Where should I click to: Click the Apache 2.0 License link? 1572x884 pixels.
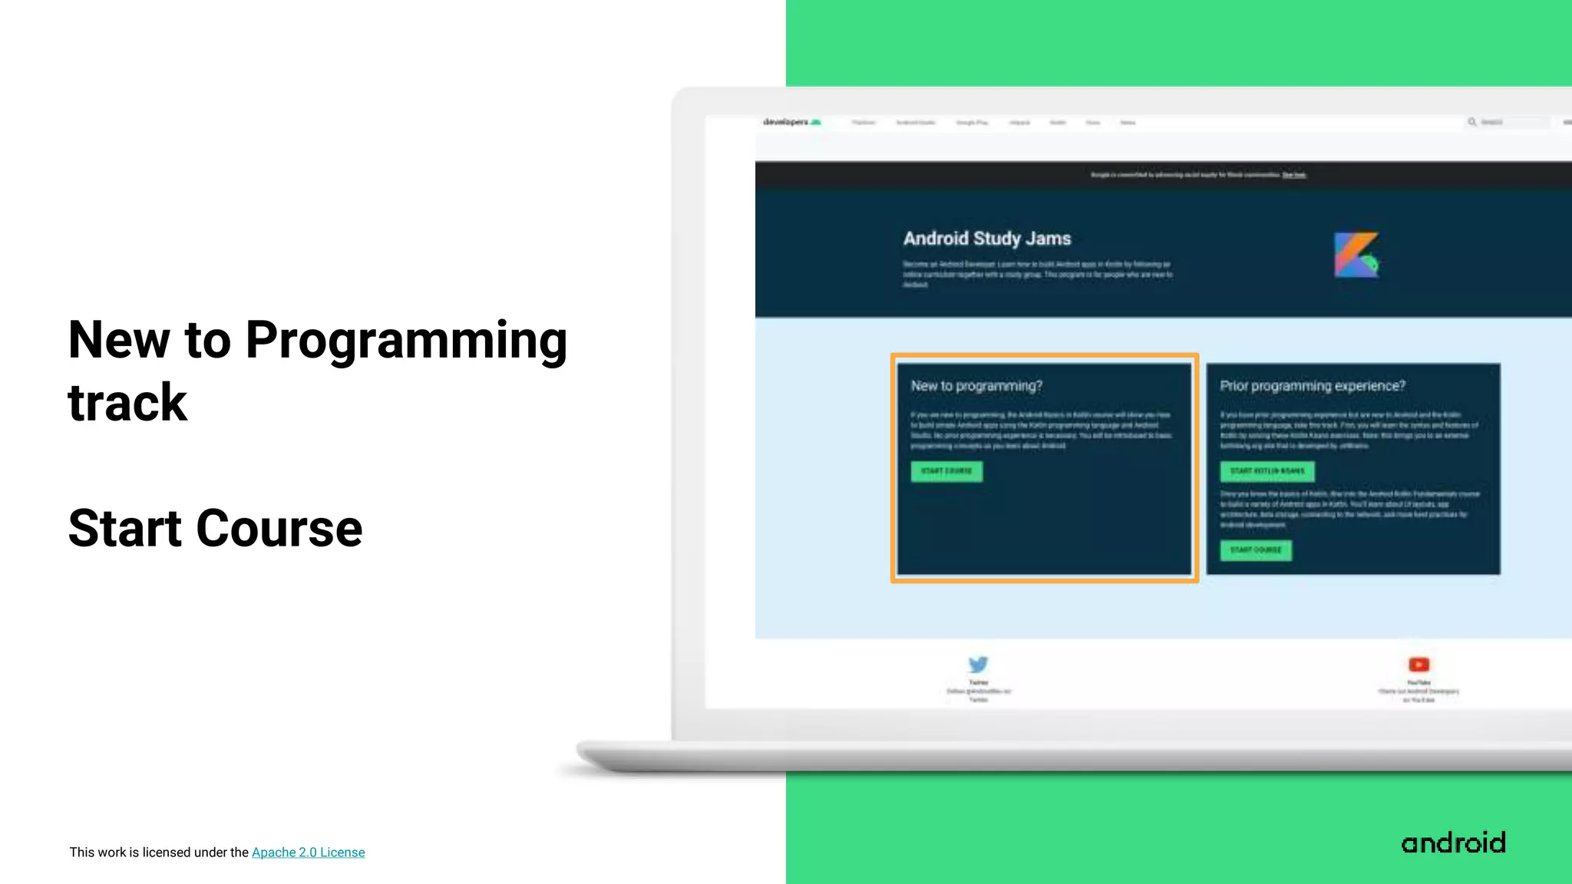click(x=308, y=853)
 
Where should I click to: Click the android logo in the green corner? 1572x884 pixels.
click(x=1453, y=843)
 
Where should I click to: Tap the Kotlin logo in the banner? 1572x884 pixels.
click(x=1356, y=255)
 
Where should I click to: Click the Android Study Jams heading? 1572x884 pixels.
click(x=986, y=239)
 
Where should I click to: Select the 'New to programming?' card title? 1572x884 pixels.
click(x=976, y=386)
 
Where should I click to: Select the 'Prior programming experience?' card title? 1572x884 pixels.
click(x=1313, y=386)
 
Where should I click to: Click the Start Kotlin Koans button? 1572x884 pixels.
click(x=1267, y=471)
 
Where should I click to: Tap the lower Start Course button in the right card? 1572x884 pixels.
click(x=1256, y=550)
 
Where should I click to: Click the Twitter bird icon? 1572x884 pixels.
click(x=978, y=665)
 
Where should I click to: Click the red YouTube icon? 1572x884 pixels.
click(x=1418, y=665)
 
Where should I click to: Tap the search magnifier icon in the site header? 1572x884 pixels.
click(x=1472, y=122)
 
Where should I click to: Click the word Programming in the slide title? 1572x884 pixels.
click(x=406, y=341)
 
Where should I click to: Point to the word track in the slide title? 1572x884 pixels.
click(x=127, y=403)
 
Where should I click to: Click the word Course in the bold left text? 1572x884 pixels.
click(x=279, y=529)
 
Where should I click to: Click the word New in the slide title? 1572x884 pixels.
click(x=118, y=341)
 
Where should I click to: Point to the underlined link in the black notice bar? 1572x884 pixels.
click(x=1294, y=175)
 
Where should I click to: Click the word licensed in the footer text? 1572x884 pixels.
click(x=167, y=853)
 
